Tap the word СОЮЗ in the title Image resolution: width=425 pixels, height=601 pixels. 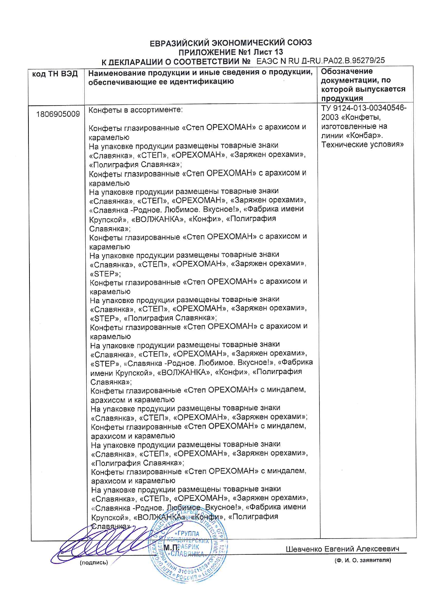299,43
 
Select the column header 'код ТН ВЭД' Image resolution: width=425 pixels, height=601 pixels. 55,74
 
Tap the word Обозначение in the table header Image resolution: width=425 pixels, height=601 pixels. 347,71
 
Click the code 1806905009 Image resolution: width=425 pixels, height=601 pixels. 58,114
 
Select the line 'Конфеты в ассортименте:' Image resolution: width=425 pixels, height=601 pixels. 136,110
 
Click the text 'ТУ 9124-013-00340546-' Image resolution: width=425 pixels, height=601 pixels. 364,108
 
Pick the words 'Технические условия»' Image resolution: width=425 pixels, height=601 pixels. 362,144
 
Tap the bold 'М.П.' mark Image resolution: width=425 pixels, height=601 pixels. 171,547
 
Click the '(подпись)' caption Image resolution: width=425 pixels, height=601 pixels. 94,562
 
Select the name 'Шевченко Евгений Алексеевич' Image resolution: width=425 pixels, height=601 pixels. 342,549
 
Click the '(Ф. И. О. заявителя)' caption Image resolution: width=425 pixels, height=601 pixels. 363,560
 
